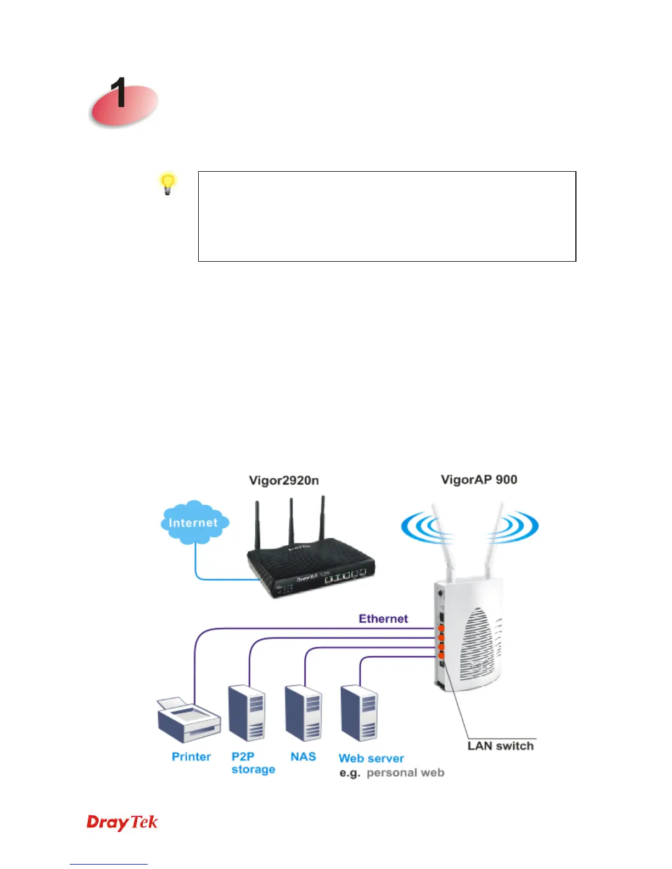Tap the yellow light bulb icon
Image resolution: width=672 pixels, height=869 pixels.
(168, 184)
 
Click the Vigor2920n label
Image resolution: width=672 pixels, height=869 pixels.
(284, 481)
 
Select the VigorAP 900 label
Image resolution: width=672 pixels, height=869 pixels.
(479, 480)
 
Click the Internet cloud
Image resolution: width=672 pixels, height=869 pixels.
(194, 523)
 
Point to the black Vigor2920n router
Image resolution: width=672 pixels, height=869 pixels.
(311, 571)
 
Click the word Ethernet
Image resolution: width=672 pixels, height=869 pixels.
(383, 619)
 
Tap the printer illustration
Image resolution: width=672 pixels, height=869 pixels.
(188, 719)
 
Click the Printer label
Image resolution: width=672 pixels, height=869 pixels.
(191, 757)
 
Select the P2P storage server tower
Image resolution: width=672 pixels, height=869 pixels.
(247, 712)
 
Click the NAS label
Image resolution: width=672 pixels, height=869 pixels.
(303, 757)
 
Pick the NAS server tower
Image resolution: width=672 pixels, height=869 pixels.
(303, 712)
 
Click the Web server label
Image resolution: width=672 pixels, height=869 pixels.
(371, 759)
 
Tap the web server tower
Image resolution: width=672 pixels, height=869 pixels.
(359, 712)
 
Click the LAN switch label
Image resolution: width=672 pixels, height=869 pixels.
(500, 746)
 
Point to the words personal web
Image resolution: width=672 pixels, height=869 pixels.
(405, 773)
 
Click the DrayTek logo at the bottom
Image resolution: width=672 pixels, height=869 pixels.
(122, 822)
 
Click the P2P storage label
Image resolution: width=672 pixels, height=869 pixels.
(253, 763)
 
